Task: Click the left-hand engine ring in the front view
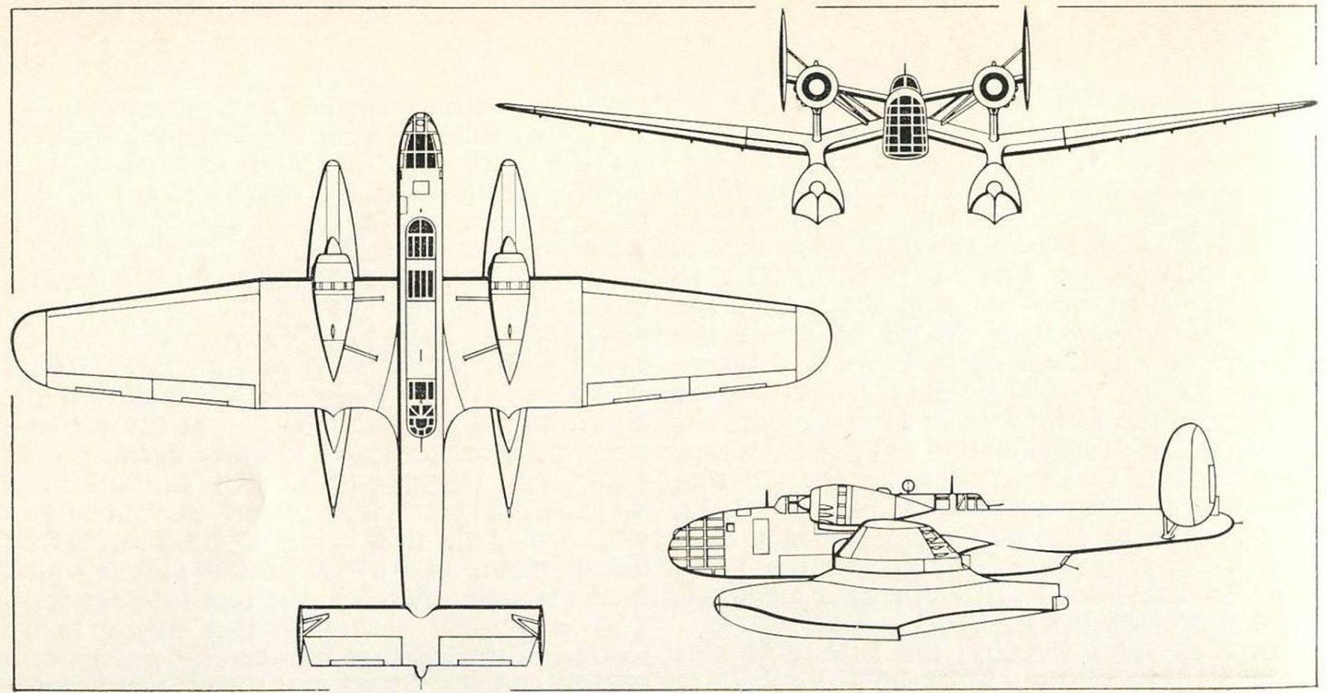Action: click(x=814, y=86)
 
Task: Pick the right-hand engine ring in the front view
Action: click(x=992, y=86)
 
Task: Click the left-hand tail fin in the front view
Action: click(x=784, y=63)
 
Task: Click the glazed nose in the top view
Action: click(x=420, y=142)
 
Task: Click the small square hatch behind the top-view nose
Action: click(x=420, y=187)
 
